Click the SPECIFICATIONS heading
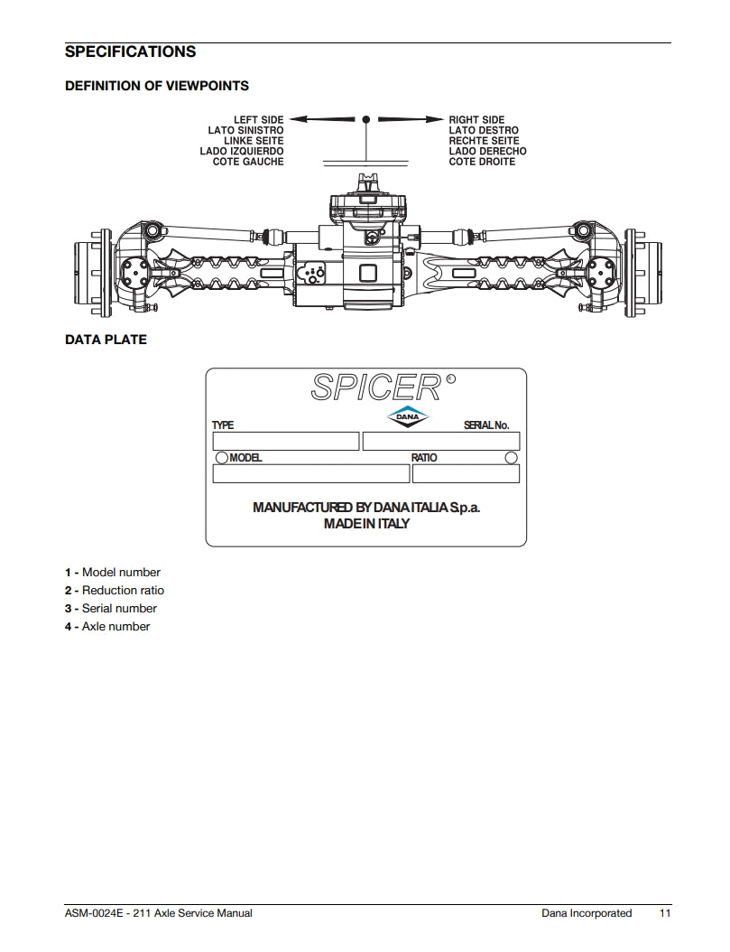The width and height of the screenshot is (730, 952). pos(130,52)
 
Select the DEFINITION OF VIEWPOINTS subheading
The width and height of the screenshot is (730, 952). pos(157,86)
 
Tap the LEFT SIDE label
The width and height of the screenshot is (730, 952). pos(258,120)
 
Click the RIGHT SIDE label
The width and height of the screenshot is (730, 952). pos(476,120)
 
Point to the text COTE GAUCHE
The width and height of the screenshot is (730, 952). pos(248,162)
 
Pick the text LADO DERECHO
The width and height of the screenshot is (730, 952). pos(487,152)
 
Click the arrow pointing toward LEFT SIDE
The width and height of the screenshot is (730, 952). pos(323,119)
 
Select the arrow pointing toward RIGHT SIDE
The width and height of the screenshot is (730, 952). pos(411,119)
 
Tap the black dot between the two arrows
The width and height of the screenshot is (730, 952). pos(366,119)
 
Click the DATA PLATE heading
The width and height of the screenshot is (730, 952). pos(106,341)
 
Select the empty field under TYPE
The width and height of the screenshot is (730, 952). pos(285,442)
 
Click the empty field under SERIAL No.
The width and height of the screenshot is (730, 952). pos(440,442)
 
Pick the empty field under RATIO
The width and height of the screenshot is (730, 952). pos(466,473)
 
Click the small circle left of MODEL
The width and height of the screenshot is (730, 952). pos(221,458)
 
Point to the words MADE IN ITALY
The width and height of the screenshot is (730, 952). pos(366,524)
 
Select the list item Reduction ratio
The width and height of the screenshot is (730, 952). pos(123,591)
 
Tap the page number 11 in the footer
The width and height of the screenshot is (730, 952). pos(665,913)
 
